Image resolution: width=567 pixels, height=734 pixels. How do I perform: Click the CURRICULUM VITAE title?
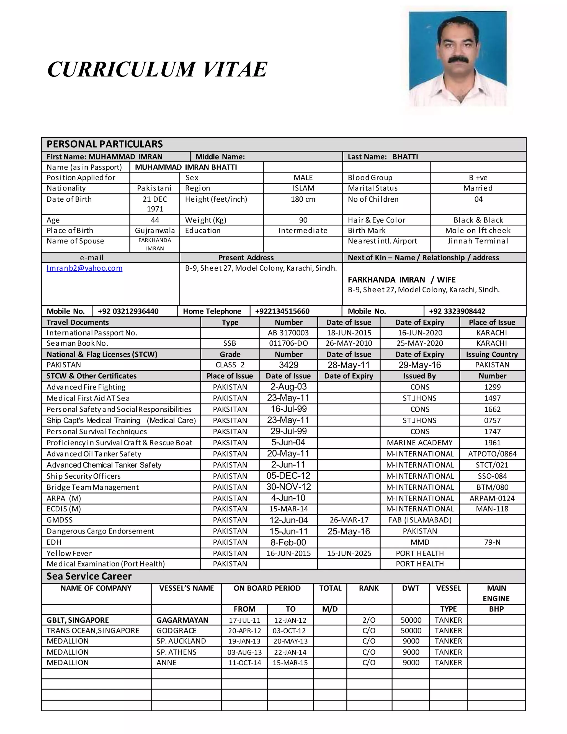[157, 70]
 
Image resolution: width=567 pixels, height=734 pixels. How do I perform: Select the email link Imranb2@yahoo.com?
[84, 268]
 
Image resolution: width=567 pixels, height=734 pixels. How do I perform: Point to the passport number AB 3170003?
[288, 333]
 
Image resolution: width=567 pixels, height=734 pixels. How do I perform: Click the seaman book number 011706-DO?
[288, 343]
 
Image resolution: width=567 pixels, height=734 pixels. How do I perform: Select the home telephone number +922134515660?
[282, 311]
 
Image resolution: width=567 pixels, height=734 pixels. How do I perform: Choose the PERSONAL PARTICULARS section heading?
[104, 144]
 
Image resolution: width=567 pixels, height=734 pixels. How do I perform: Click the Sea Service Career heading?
[89, 576]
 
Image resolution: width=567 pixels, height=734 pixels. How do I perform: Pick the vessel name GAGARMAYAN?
[182, 620]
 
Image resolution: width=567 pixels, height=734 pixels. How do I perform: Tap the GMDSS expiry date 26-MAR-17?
[349, 520]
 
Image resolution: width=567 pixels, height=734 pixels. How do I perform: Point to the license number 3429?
[288, 365]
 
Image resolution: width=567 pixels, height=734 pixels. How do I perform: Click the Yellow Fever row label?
[69, 553]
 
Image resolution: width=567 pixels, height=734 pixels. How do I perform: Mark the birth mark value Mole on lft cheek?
[478, 230]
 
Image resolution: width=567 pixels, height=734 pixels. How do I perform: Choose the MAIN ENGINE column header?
[496, 593]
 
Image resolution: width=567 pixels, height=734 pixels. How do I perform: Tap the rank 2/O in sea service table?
[369, 620]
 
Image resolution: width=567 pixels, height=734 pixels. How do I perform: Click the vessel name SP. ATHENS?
[176, 652]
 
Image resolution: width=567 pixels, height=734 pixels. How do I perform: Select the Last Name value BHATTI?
[405, 156]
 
